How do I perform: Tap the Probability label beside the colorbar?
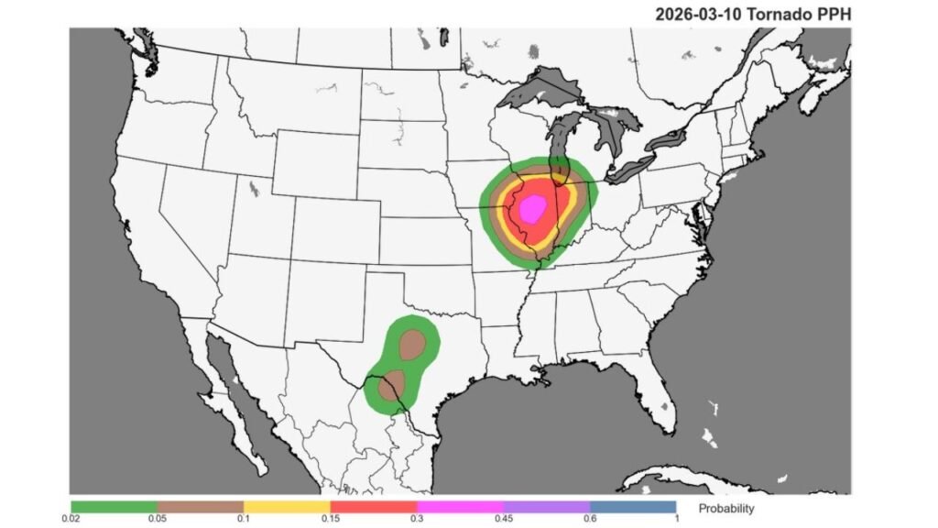click(726, 508)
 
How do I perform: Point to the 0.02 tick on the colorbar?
click(71, 519)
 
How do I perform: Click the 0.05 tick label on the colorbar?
click(158, 519)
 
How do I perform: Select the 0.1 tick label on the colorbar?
click(244, 519)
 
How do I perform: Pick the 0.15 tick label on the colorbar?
click(330, 519)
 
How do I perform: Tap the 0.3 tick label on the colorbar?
click(417, 519)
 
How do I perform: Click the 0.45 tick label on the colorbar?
click(503, 519)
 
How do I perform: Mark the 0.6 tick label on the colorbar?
click(589, 519)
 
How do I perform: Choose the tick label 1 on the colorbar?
click(675, 519)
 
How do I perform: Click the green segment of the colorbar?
click(115, 506)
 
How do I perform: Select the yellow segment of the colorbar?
click(287, 506)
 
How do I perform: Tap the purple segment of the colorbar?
click(546, 506)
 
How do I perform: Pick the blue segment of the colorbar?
click(632, 506)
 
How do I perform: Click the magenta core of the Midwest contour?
click(532, 210)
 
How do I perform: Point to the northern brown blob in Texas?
click(413, 345)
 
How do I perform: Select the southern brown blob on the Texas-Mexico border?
click(392, 384)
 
